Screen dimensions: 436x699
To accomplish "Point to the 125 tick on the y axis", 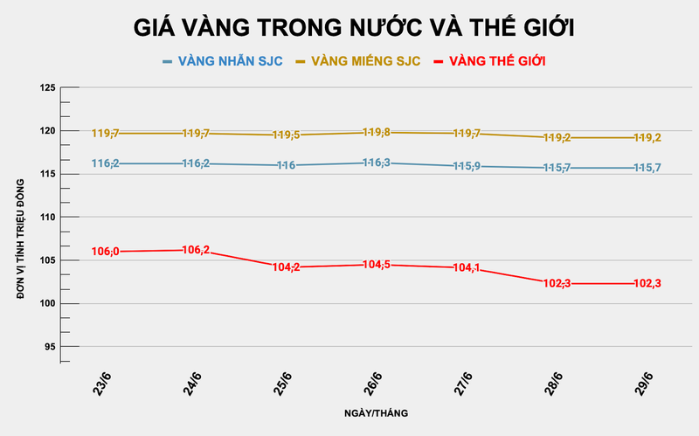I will [x=48, y=88].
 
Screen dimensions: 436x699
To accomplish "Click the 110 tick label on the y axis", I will [x=48, y=218].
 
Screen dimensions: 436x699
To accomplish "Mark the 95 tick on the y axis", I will [x=51, y=347].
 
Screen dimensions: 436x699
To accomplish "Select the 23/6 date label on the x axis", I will [x=102, y=382].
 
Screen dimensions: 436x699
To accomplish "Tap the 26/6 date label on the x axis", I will [x=373, y=382].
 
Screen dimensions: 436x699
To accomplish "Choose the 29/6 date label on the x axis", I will [x=644, y=382].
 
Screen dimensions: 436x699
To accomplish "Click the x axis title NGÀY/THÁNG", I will [x=375, y=412].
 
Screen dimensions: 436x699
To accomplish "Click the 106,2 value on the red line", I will [x=195, y=250].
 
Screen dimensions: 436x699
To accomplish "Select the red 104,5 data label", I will [x=375, y=265].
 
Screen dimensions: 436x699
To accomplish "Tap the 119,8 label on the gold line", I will [x=375, y=133].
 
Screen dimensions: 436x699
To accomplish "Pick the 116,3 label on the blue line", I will [x=375, y=163].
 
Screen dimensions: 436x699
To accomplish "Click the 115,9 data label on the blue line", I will [x=465, y=166].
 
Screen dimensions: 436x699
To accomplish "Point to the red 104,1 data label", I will [x=465, y=268].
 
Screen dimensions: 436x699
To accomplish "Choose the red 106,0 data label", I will [x=105, y=252].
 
